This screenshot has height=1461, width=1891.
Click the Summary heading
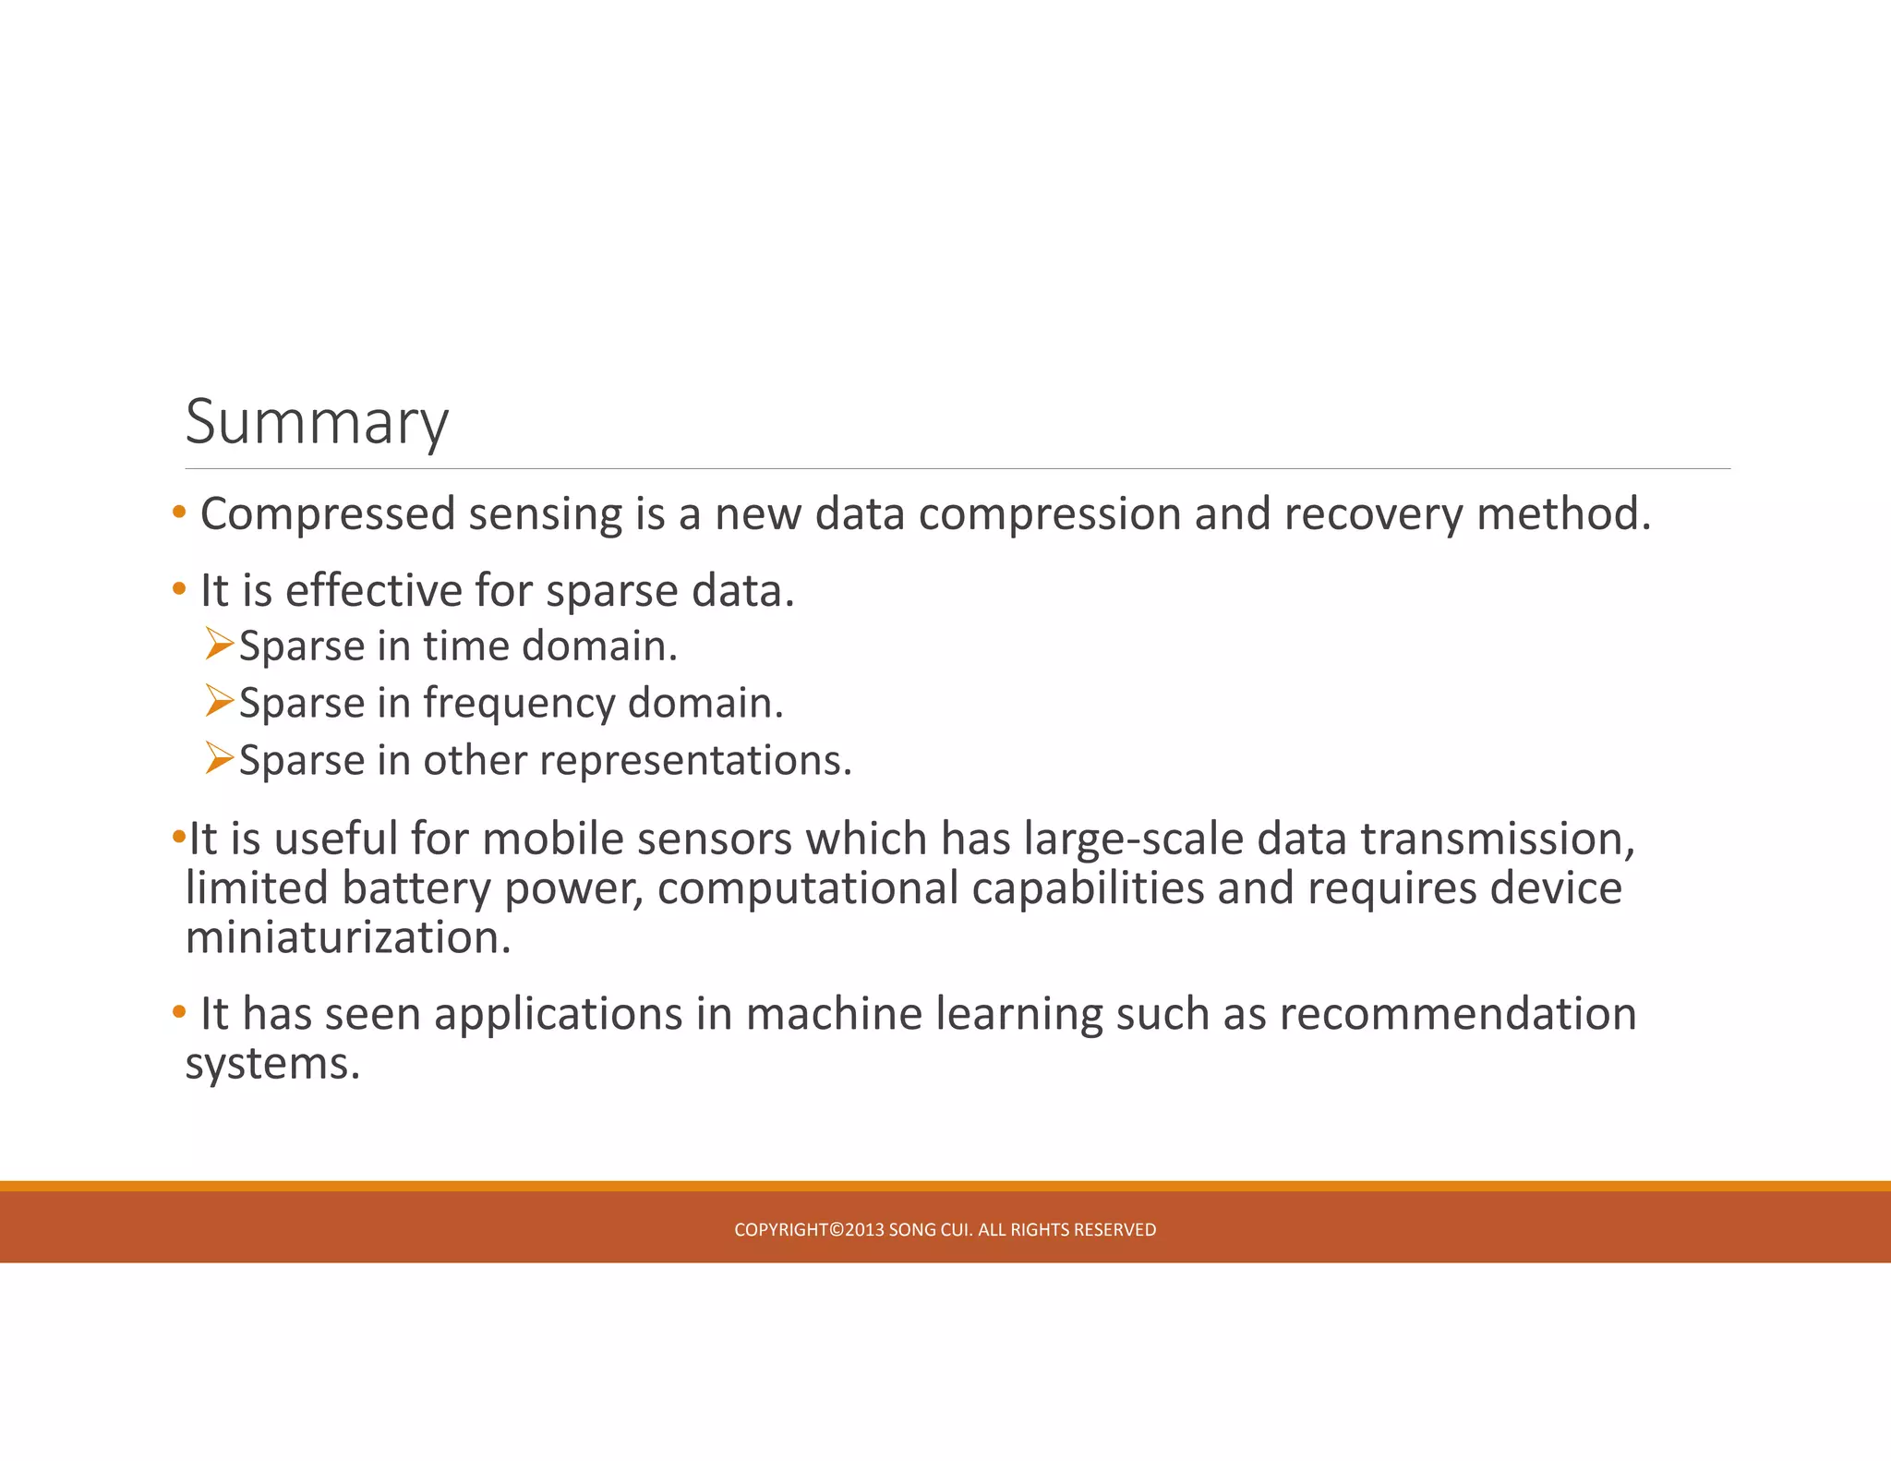pyautogui.click(x=317, y=422)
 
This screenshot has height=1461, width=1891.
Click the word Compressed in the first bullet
pyautogui.click(x=328, y=514)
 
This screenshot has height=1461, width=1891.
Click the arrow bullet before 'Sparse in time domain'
pyautogui.click(x=220, y=644)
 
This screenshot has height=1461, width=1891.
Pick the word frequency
pyautogui.click(x=519, y=704)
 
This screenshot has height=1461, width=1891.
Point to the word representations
pyautogui.click(x=694, y=761)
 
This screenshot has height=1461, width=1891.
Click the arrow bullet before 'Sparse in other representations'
pyautogui.click(x=220, y=758)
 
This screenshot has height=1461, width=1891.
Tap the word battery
pyautogui.click(x=416, y=888)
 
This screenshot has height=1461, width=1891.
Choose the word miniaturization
pyautogui.click(x=347, y=938)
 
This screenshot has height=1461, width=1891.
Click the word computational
pyautogui.click(x=808, y=888)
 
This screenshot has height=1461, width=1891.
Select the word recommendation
pyautogui.click(x=1458, y=1014)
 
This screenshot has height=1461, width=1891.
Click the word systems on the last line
pyautogui.click(x=271, y=1064)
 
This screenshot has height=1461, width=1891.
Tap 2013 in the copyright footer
pyautogui.click(x=864, y=1230)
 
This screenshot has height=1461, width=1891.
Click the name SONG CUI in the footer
pyautogui.click(x=930, y=1230)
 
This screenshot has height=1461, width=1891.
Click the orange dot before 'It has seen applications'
pyautogui.click(x=179, y=1012)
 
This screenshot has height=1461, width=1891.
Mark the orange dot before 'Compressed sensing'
pyautogui.click(x=179, y=512)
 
